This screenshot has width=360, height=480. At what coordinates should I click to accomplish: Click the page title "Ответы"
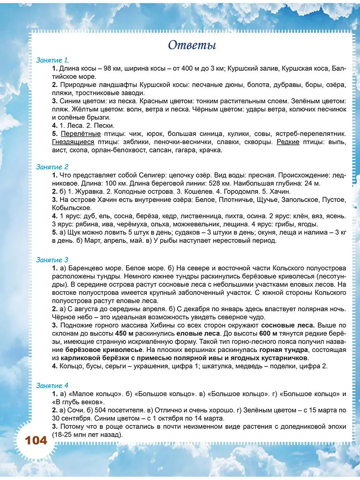(192, 45)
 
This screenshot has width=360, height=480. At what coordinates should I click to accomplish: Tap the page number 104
(36, 441)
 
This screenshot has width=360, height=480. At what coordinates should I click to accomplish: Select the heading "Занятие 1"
(52, 60)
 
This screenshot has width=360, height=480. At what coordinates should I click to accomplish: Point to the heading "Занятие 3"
(52, 260)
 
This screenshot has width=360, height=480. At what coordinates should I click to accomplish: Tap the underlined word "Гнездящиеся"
(73, 142)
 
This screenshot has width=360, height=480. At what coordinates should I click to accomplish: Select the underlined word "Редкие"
(288, 142)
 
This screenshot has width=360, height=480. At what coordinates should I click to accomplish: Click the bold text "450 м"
(123, 333)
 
